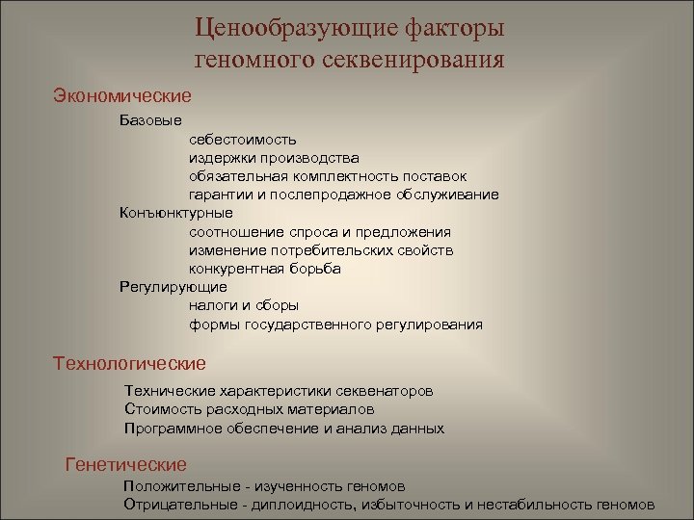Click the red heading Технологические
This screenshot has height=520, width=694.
click(x=129, y=364)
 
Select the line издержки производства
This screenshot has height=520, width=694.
click(x=274, y=158)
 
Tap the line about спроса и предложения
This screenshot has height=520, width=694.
click(x=319, y=231)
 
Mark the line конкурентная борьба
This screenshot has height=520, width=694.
click(x=264, y=268)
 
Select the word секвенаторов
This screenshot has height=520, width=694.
click(x=384, y=391)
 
